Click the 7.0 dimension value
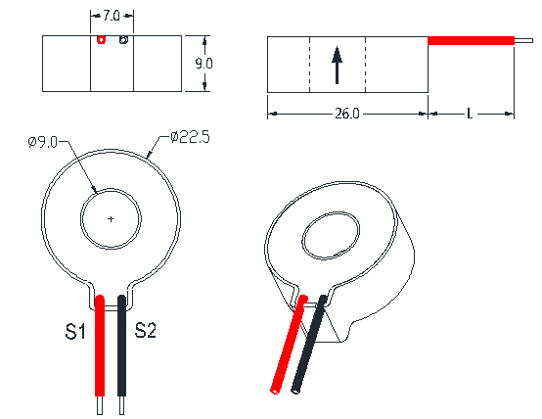112,16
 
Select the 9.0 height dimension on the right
203,64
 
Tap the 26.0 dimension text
347,114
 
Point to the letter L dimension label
470,114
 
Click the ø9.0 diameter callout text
43,142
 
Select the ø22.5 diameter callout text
190,137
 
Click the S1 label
75,331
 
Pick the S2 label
145,330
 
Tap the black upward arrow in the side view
337,66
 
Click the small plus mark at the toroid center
111,218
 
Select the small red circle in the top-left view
101,40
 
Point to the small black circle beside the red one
123,40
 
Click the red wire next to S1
100,346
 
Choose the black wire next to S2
121,346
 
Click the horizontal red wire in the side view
472,41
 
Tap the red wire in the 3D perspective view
289,345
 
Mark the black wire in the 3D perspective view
309,345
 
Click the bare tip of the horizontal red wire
523,41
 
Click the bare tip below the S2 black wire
121,405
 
